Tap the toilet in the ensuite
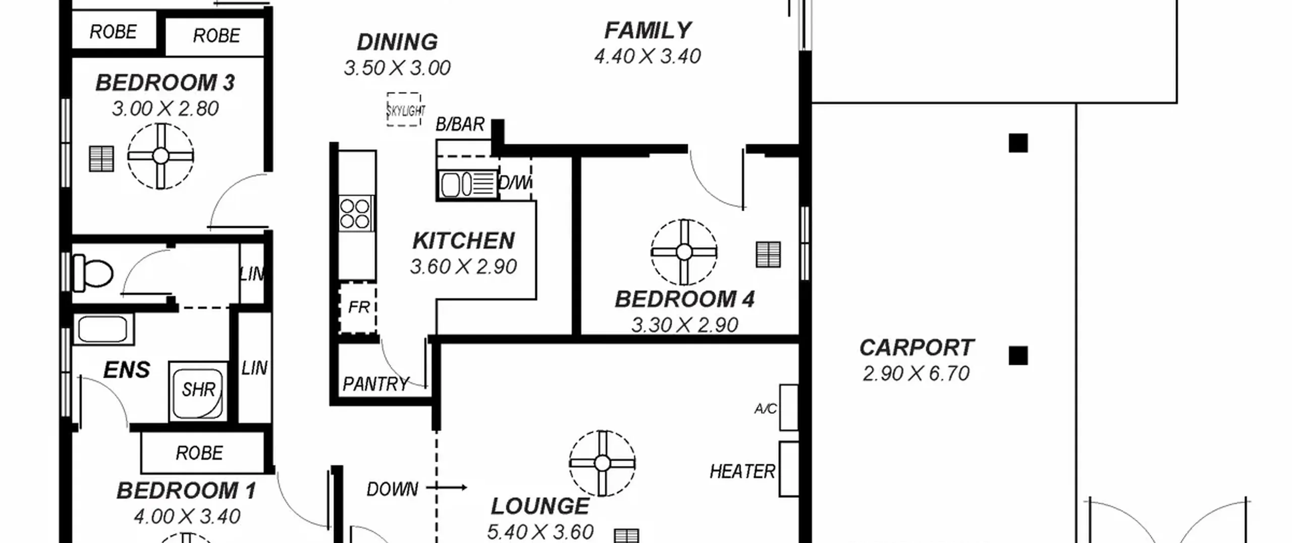pos(93,273)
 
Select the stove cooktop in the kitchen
pos(356,214)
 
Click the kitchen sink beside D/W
pos(467,184)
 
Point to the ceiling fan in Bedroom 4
pos(684,252)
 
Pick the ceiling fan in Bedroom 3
pos(160,156)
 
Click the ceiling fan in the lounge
pos(602,463)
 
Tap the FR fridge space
pos(358,308)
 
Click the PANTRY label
pos(375,384)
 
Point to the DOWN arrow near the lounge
pos(446,487)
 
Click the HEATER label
pos(742,472)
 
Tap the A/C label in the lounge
pos(765,409)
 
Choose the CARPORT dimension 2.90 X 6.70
pos(916,374)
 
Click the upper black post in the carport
pos(1018,143)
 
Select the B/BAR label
pos(460,124)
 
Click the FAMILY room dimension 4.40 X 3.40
pos(648,57)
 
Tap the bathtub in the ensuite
pos(103,329)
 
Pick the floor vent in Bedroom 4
pos(768,255)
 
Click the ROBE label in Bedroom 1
pos(199,453)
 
